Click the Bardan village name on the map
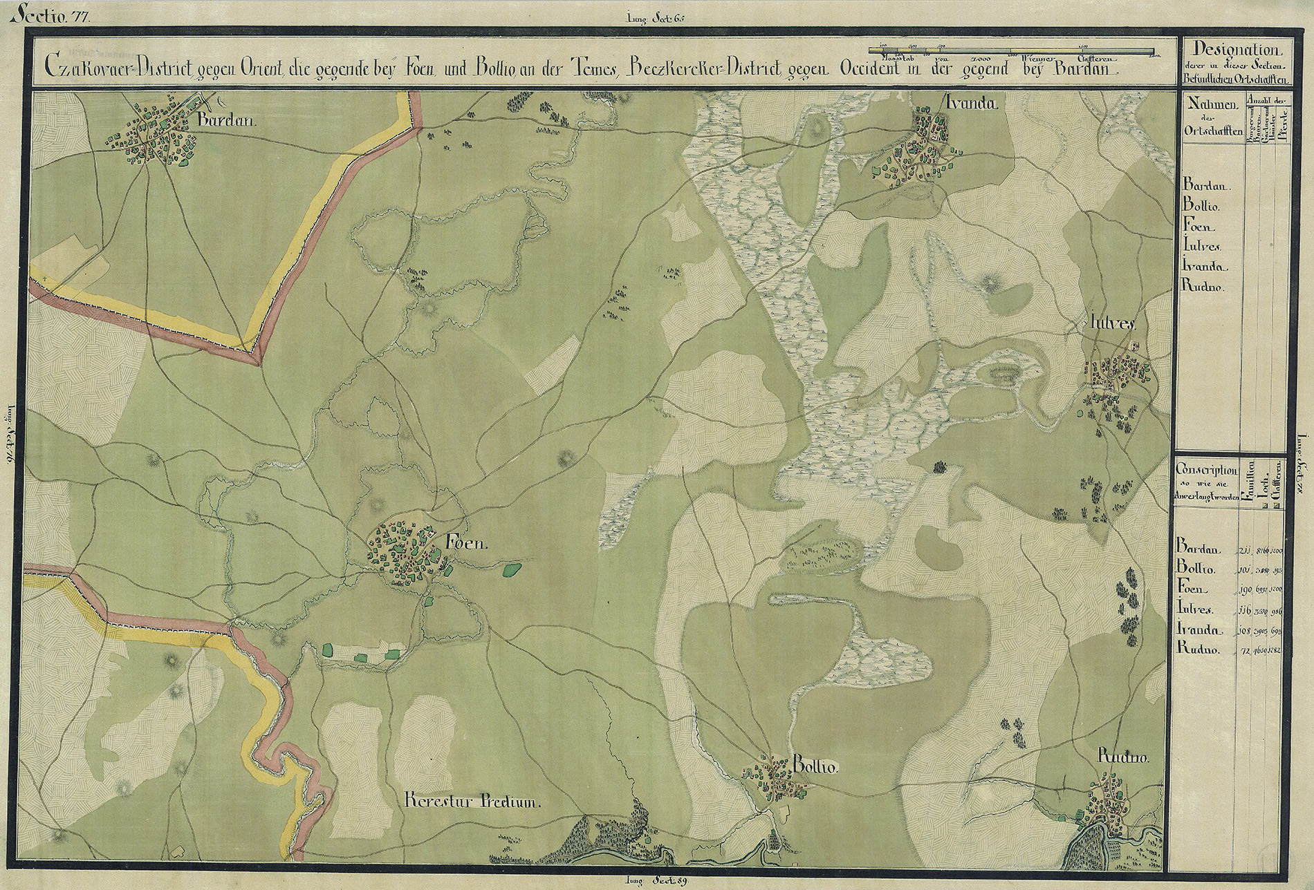pos(226,120)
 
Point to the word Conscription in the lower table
pos(1205,467)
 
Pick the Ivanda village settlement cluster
pos(918,149)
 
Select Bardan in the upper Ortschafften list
pos(1204,186)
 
